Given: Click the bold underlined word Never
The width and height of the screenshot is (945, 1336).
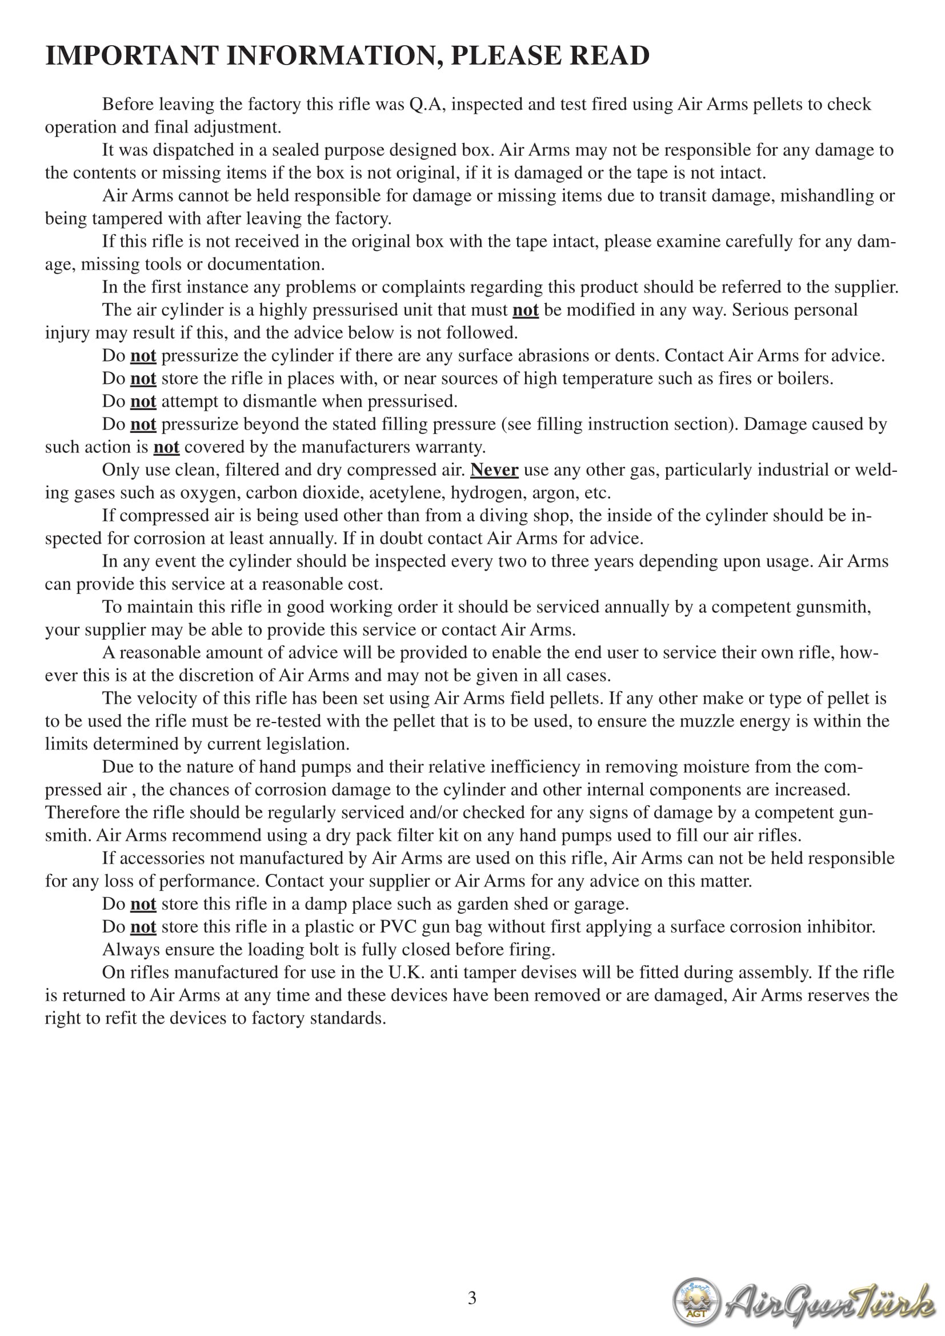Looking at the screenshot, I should point(494,470).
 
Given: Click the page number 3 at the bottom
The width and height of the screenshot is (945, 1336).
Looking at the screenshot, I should point(472,1297).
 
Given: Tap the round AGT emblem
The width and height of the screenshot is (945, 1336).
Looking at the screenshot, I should point(696,1301).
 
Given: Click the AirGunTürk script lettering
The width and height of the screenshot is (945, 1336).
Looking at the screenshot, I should point(829,1302).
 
